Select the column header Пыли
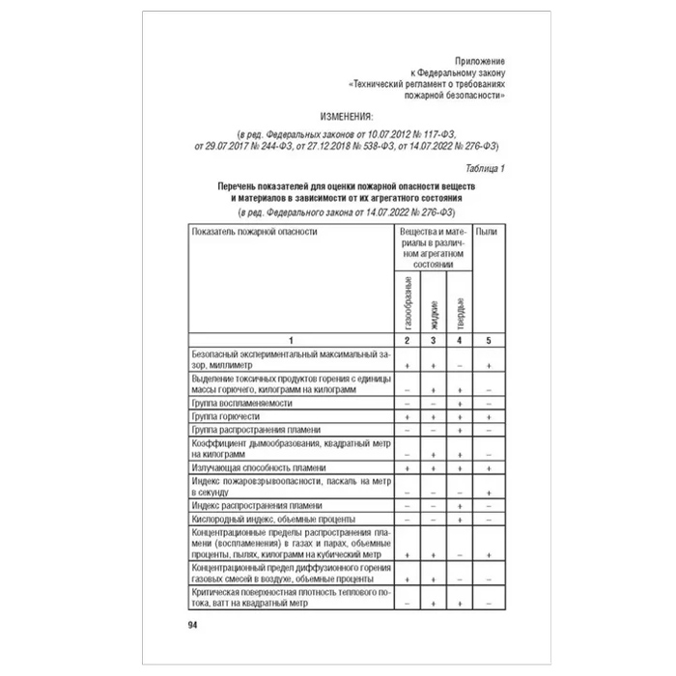[x=490, y=232]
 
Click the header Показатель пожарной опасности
[x=254, y=232]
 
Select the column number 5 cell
[x=490, y=340]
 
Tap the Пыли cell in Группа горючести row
[x=490, y=415]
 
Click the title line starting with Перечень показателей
[x=344, y=184]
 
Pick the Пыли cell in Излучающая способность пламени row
[x=490, y=466]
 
